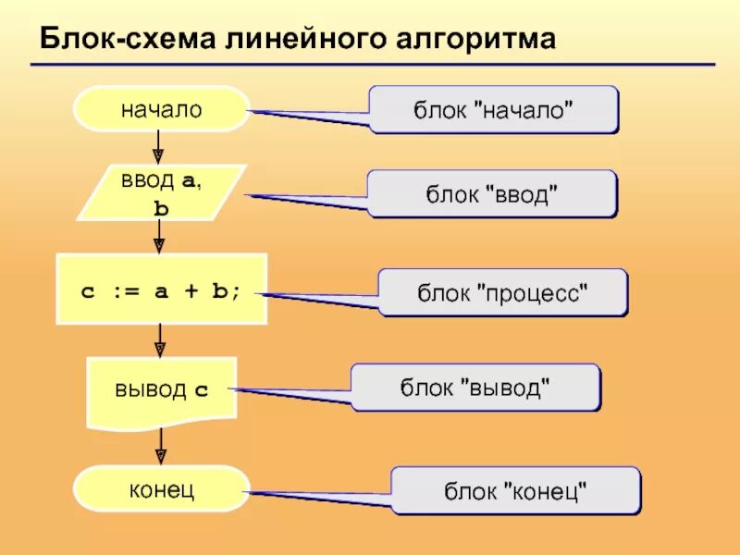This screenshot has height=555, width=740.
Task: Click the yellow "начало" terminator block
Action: click(x=161, y=109)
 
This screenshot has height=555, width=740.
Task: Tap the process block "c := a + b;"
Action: click(x=161, y=289)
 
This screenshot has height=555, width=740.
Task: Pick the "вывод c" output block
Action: click(x=161, y=389)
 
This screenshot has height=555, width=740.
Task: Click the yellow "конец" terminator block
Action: click(x=161, y=488)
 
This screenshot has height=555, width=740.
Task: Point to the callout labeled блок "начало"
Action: click(x=493, y=109)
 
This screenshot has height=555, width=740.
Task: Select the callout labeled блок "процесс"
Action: click(x=503, y=292)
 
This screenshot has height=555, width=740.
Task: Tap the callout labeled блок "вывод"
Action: click(x=475, y=387)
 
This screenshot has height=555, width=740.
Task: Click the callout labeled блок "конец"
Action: click(x=515, y=490)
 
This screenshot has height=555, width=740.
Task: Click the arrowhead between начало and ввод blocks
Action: click(x=158, y=156)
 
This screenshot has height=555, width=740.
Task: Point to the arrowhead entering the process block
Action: click(x=158, y=245)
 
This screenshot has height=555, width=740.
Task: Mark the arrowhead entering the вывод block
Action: click(x=159, y=349)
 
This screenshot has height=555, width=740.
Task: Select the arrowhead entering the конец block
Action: click(x=160, y=456)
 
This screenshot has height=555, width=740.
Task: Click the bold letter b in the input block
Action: click(x=161, y=209)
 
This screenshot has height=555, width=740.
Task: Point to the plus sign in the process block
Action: click(x=191, y=290)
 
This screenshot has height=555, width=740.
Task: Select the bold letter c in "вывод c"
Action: click(x=202, y=390)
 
